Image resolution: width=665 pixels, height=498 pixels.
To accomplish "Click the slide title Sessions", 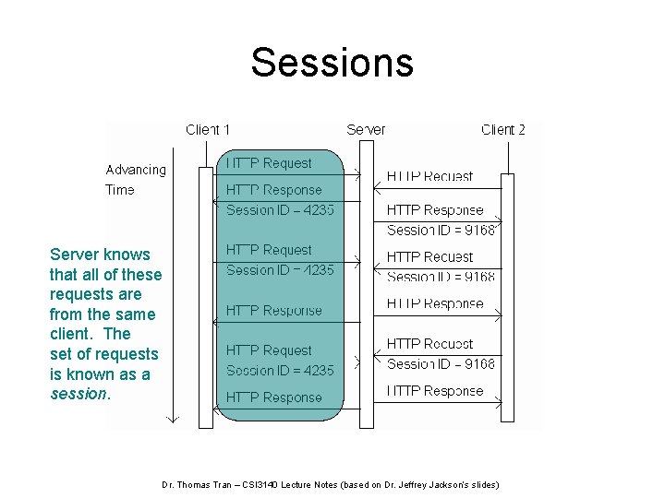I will pos(332,63).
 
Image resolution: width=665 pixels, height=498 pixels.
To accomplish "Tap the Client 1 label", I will pos(208,129).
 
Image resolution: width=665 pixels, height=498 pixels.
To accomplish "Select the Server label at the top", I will pos(366,129).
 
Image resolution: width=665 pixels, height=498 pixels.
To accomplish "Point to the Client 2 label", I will pos(503,129).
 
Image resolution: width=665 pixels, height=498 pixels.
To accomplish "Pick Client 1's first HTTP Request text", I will pos(269,163).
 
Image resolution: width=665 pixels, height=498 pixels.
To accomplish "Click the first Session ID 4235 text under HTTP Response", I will pos(280,209).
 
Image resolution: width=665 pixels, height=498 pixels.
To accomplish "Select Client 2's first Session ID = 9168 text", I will pos(441,230).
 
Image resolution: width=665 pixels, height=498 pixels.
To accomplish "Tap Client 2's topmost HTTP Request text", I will pos(429,176).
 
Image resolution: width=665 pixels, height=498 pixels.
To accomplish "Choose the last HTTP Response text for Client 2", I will pos(434,391).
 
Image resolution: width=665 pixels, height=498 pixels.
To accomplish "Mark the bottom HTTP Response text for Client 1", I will pos(273,397).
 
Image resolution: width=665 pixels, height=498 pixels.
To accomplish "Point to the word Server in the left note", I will pos(74,255).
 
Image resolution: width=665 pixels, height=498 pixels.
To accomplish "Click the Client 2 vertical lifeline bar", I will pos(507,295).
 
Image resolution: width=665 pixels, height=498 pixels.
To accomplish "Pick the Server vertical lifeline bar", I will pos(366,286).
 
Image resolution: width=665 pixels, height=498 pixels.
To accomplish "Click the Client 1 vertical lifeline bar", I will pos(206,295).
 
